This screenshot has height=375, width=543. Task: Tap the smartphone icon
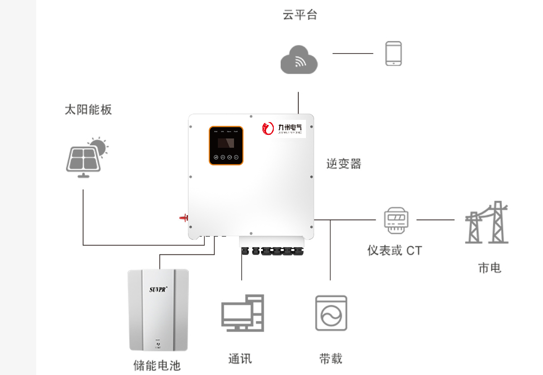point(393,54)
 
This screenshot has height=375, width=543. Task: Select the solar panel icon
point(86,157)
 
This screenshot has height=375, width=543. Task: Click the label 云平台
point(300,15)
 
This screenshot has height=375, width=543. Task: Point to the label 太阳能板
point(88,109)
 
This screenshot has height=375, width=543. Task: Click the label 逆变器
point(344,164)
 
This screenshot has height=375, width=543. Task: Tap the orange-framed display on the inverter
point(226,146)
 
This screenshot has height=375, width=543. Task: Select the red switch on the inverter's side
point(184,218)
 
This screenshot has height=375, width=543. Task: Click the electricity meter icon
point(393,221)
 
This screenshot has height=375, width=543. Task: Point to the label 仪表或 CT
point(394,250)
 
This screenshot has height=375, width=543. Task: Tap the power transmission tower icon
point(486,222)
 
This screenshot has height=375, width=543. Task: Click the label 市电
point(490,268)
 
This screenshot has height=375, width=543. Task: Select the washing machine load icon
point(331,313)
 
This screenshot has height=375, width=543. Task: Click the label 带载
point(330,359)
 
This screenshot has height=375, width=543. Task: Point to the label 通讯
point(240,359)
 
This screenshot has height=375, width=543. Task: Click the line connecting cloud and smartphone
point(353,53)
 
